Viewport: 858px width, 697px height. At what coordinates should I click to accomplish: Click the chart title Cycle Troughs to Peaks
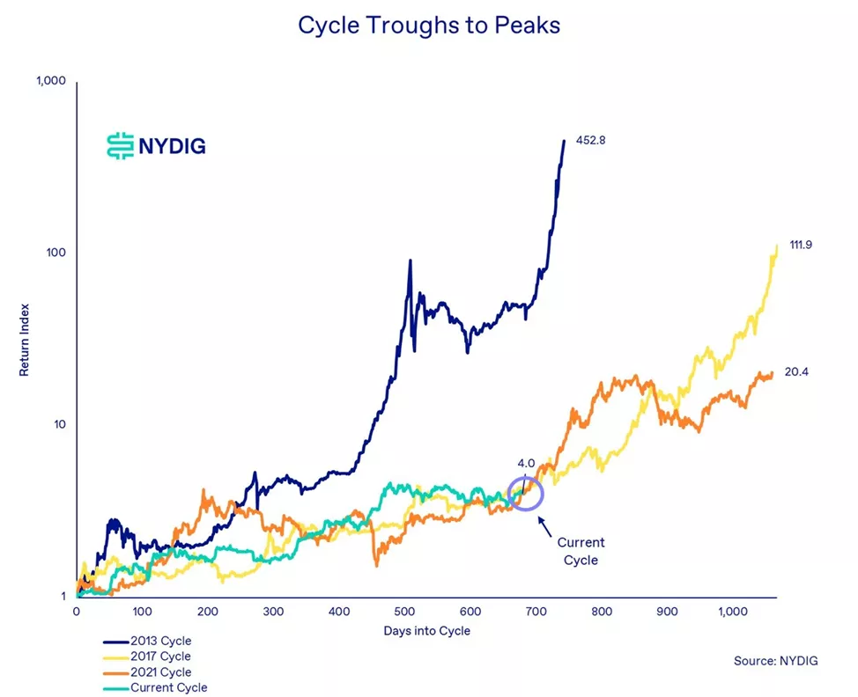point(429,26)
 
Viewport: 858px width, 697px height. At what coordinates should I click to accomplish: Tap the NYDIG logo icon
point(117,145)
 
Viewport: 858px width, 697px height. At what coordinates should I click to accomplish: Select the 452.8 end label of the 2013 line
point(591,140)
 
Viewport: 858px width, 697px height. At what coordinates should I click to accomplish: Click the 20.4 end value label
point(796,372)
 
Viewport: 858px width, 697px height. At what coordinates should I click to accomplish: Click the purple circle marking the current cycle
point(524,492)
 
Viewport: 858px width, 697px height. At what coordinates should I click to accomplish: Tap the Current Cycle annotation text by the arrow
point(581,551)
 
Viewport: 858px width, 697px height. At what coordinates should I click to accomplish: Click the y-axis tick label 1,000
point(51,82)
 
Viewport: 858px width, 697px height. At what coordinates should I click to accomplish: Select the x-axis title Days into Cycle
point(428,631)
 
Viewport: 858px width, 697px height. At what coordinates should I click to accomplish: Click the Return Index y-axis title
point(25,338)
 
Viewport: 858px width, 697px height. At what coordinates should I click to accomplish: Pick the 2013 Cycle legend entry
point(159,641)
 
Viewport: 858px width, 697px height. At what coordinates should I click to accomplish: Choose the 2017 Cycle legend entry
point(159,657)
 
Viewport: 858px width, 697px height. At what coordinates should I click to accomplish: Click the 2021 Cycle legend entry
point(159,672)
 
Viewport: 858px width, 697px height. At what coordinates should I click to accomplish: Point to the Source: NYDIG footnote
point(775,660)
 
